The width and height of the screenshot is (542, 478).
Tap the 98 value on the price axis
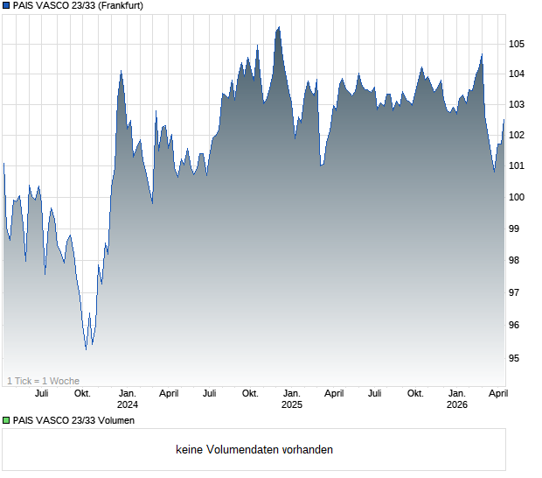pyautogui.click(x=517, y=260)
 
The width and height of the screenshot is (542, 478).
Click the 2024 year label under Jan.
pyautogui.click(x=128, y=405)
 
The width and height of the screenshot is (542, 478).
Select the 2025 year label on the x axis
pyautogui.click(x=292, y=405)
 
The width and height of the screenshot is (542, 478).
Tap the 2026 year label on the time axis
pyautogui.click(x=457, y=405)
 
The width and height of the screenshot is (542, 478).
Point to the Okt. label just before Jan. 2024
pyautogui.click(x=82, y=394)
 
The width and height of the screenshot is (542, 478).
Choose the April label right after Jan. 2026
pyautogui.click(x=497, y=394)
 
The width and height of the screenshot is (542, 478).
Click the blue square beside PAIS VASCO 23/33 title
pyautogui.click(x=6, y=6)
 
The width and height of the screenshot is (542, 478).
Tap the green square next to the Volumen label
pyautogui.click(x=6, y=421)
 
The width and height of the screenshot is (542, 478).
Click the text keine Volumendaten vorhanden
pyautogui.click(x=254, y=450)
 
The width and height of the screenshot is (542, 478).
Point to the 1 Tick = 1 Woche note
pyautogui.click(x=44, y=381)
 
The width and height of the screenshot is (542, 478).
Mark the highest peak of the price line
pyautogui.click(x=279, y=26)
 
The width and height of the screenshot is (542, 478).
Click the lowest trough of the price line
pyautogui.click(x=86, y=349)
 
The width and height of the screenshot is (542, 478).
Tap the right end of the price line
pyautogui.click(x=504, y=120)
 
